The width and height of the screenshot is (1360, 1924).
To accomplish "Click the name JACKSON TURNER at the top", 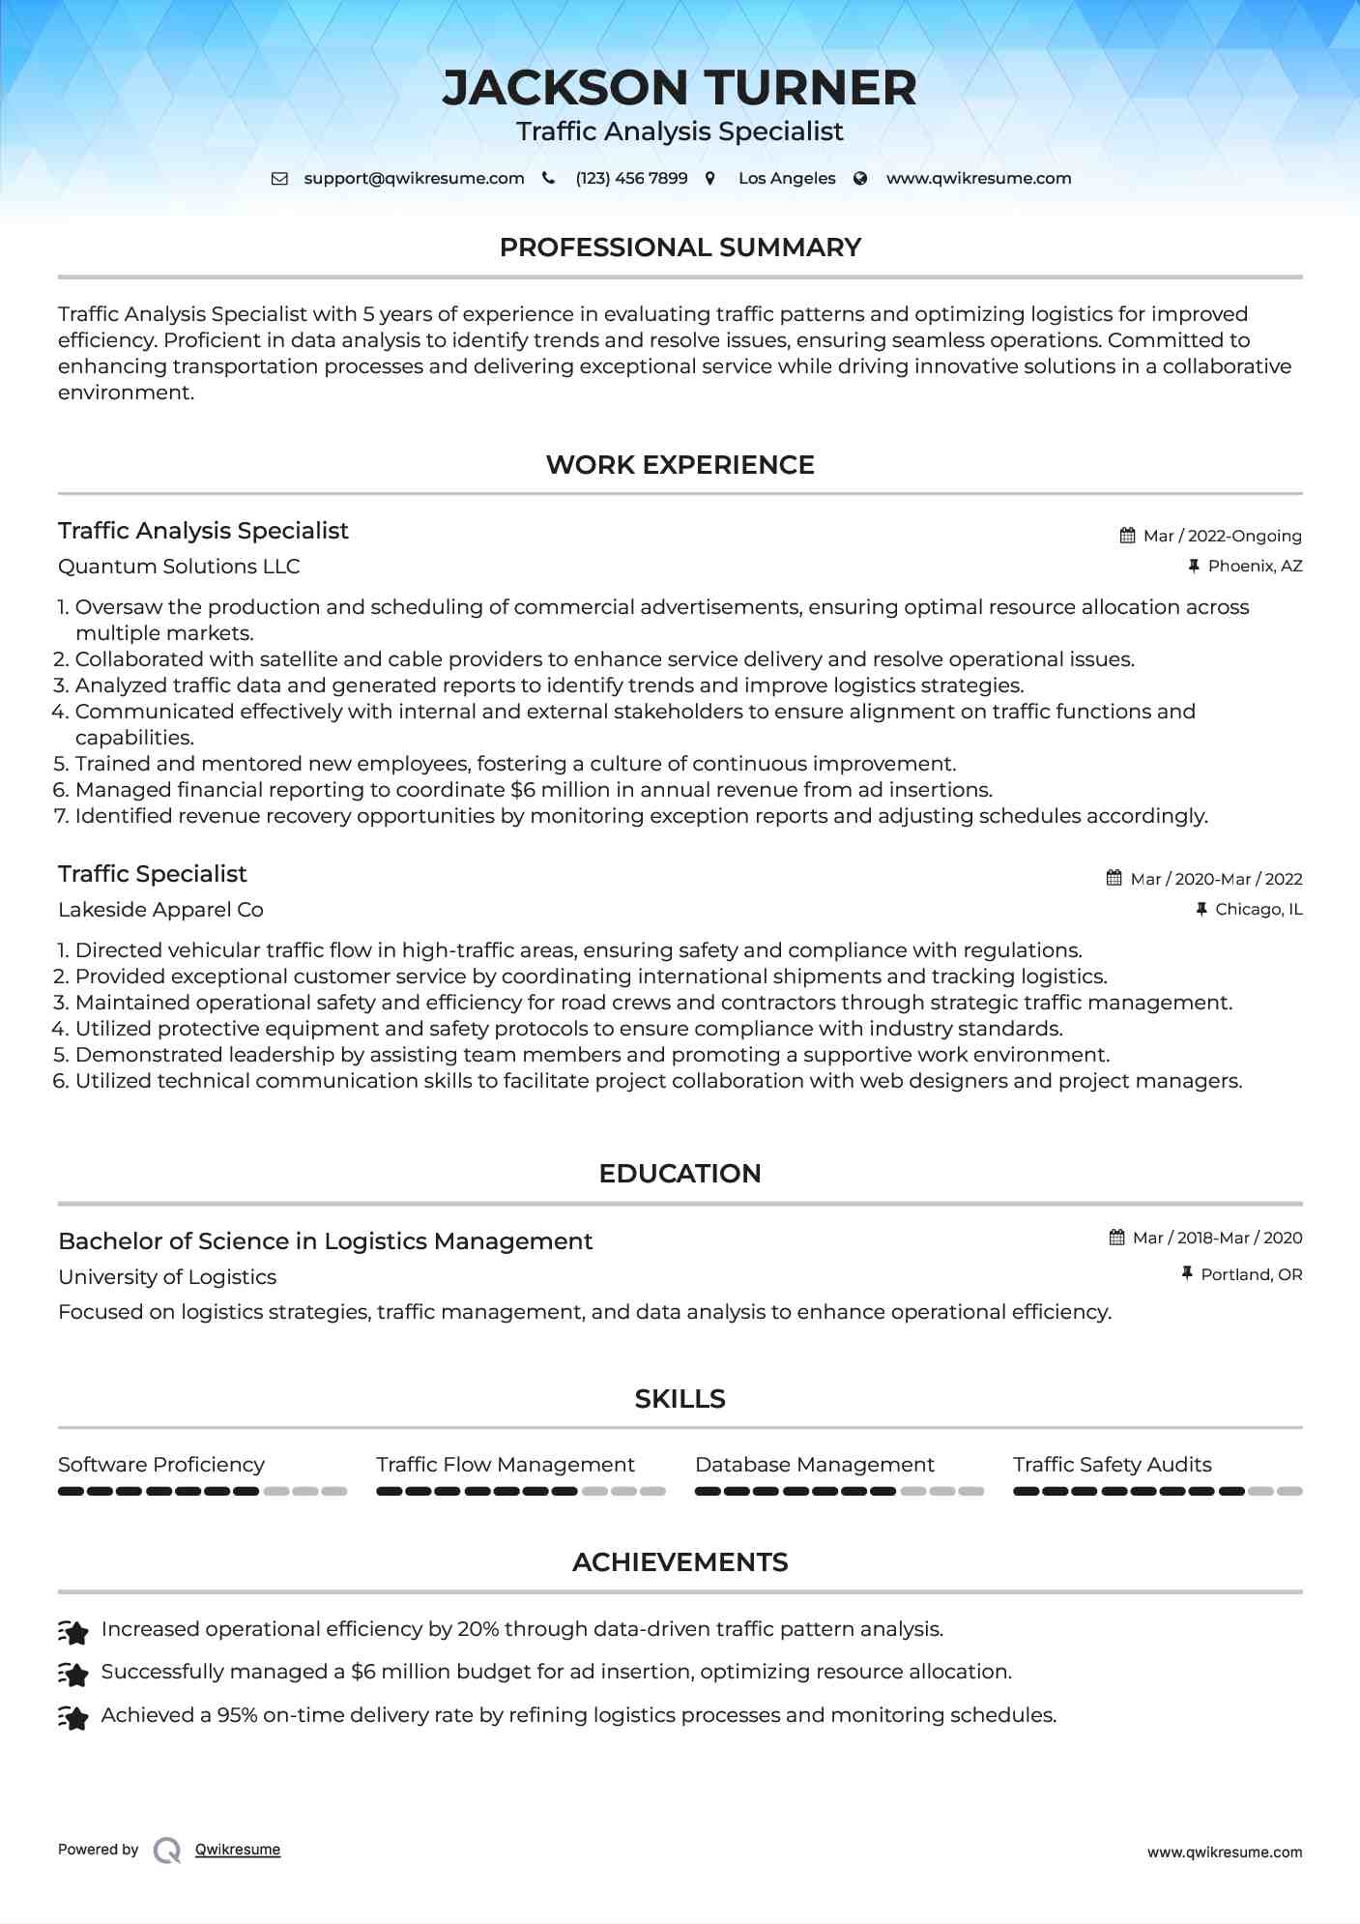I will [x=680, y=88].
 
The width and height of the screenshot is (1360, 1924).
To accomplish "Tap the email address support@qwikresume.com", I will [x=414, y=178].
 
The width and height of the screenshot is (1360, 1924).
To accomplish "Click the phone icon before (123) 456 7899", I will [x=549, y=178].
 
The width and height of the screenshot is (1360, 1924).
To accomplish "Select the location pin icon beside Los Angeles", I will [x=710, y=178].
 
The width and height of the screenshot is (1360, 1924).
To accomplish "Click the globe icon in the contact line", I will [x=860, y=178].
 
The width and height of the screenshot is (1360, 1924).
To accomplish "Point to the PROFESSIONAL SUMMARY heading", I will [x=680, y=248].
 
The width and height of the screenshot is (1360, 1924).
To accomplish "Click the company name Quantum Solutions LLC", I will [x=179, y=567].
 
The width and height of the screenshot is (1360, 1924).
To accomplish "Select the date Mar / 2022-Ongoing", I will [x=1222, y=536].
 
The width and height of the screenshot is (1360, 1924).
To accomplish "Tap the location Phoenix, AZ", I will [x=1255, y=566].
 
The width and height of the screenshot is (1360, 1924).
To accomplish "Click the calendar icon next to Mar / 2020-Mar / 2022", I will [x=1114, y=878].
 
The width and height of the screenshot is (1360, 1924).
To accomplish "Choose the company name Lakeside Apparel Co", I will [x=160, y=910].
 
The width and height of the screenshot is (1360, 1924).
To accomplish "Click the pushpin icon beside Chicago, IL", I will [x=1201, y=909].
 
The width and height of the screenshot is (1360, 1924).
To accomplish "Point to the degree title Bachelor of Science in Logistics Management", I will [x=325, y=1241].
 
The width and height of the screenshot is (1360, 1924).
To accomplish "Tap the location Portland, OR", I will [x=1251, y=1274].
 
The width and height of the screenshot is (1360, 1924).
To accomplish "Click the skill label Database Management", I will [x=814, y=1465].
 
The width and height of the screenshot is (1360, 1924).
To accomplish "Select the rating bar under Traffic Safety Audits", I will [x=1157, y=1491].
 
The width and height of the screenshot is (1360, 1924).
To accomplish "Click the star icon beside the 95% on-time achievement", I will [x=73, y=1716].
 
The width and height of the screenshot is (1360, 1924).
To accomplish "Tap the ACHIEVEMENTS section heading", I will [x=680, y=1562].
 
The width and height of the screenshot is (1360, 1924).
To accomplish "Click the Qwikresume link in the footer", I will [x=238, y=1850].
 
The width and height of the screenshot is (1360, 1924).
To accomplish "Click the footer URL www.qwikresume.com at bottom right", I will [x=1224, y=1852].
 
